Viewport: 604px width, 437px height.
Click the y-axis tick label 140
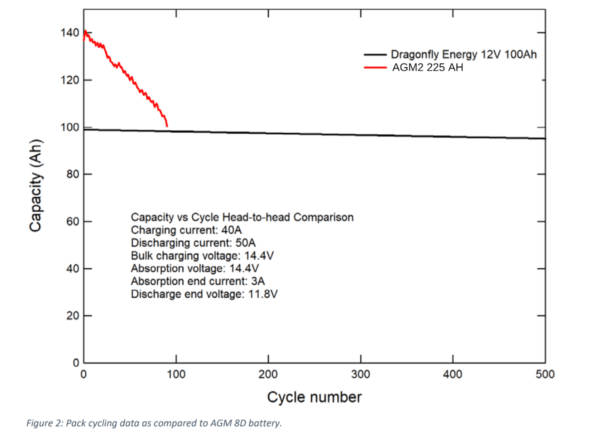pyautogui.click(x=70, y=33)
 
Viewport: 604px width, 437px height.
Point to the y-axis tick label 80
pyautogui.click(x=73, y=174)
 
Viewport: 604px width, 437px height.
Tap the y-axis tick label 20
pyautogui.click(x=73, y=316)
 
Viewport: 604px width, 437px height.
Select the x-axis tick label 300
pyautogui.click(x=361, y=374)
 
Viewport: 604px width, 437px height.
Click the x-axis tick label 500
pyautogui.click(x=545, y=374)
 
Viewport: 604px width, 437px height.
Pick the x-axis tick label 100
pyautogui.click(x=176, y=374)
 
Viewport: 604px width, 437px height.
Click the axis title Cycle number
pyautogui.click(x=314, y=397)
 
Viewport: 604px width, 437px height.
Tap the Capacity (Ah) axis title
pyautogui.click(x=35, y=185)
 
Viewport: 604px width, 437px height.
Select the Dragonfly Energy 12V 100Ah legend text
pyautogui.click(x=464, y=54)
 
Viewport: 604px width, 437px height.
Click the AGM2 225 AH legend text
pyautogui.click(x=427, y=68)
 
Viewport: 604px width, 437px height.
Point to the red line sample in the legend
pyautogui.click(x=375, y=68)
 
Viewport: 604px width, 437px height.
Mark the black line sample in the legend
pyautogui.click(x=375, y=55)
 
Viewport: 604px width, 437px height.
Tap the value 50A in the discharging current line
pyautogui.click(x=245, y=243)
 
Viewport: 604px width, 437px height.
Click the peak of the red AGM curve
pyautogui.click(x=85, y=31)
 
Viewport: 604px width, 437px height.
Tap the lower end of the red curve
pyautogui.click(x=167, y=126)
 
